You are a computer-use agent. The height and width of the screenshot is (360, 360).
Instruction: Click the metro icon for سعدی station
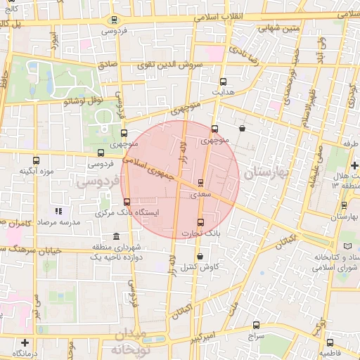[x=202, y=181]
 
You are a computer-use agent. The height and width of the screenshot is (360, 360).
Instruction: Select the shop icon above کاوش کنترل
[x=201, y=257]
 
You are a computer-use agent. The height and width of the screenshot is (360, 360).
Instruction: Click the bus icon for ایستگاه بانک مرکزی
[x=127, y=202]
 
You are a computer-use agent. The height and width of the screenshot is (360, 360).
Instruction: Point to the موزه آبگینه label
[x=37, y=170]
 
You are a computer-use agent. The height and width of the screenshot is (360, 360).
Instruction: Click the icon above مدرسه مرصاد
[x=59, y=211]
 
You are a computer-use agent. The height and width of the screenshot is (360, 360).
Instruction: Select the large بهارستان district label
[x=266, y=172]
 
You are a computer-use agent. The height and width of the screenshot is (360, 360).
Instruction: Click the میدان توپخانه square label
[x=138, y=340]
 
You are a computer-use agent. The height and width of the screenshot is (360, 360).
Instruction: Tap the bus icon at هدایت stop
[x=224, y=82]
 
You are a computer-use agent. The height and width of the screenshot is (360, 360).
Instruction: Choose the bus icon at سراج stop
[x=256, y=326]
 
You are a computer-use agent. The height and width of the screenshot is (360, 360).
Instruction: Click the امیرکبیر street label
[x=204, y=339]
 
